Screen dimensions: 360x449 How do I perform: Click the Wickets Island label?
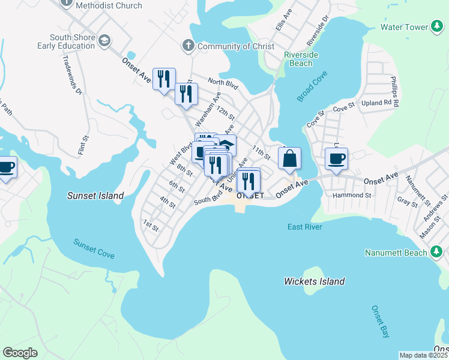coord(314,281)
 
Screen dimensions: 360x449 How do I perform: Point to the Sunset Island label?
coord(95,196)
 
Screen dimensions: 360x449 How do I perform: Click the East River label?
coord(305,227)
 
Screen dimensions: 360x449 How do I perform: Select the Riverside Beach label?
coord(298,59)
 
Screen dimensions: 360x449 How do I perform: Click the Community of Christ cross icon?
coord(188,46)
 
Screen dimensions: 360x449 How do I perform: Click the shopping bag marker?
coord(289,159)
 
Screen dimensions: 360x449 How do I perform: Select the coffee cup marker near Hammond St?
coord(336,159)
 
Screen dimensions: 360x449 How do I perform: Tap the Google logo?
coord(20,353)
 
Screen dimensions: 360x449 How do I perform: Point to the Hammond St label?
coord(352,195)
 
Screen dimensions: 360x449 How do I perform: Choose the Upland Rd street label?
coord(381,103)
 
